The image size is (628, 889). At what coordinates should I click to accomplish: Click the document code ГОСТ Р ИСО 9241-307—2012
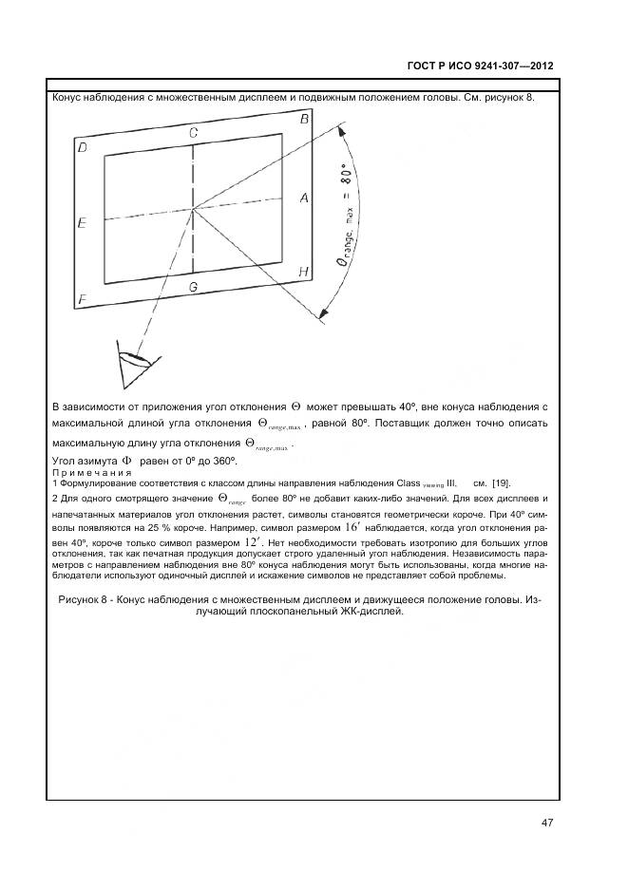coord(480,66)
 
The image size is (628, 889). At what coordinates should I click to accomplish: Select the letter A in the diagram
coord(304,198)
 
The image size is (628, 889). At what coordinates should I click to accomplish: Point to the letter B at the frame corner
coord(304,120)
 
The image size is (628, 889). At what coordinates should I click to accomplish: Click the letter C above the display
coord(193,132)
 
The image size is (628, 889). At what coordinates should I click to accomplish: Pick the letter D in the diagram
coord(83,147)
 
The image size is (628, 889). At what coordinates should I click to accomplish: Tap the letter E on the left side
coord(83,222)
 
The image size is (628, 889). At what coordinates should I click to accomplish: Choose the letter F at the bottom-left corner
coord(83,299)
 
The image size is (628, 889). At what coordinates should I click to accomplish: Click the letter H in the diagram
coord(303,272)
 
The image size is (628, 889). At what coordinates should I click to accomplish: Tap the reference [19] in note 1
coord(501,482)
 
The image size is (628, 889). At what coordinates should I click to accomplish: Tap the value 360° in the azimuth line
coord(221,461)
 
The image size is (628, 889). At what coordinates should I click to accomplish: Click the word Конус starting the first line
coord(71,98)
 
